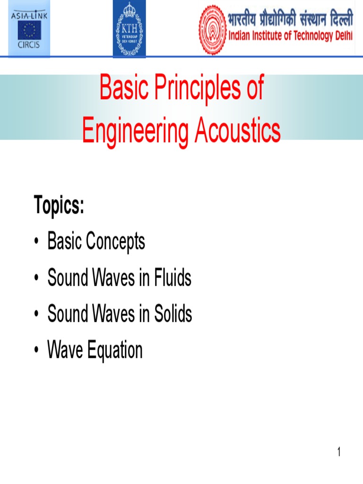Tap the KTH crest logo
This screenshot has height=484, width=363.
click(129, 29)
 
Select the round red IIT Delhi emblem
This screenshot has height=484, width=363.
click(212, 30)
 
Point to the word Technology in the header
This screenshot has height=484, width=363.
click(310, 36)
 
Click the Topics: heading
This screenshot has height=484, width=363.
click(59, 206)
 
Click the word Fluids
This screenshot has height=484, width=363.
click(173, 278)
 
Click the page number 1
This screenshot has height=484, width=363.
click(338, 452)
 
